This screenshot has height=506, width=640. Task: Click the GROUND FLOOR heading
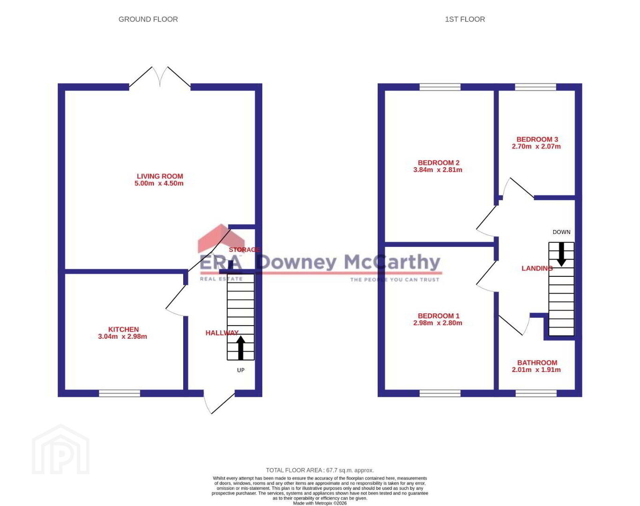tap(148, 19)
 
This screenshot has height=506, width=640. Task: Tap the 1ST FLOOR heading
tap(465, 19)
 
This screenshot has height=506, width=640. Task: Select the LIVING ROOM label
tap(160, 176)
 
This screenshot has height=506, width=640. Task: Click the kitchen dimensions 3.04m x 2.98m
tap(123, 336)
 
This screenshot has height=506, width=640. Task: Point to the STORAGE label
tap(245, 250)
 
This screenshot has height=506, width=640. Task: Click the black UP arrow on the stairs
tap(241, 348)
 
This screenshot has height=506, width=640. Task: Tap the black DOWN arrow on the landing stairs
tap(561, 254)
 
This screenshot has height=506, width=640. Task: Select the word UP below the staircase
tap(241, 370)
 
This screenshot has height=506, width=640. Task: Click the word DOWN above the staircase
tap(561, 232)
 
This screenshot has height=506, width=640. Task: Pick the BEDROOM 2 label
tap(439, 163)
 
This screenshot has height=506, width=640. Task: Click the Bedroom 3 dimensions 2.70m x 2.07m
tap(536, 146)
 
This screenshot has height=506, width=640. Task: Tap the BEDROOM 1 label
tap(439, 316)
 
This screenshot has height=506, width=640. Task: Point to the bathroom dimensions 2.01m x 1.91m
tap(536, 370)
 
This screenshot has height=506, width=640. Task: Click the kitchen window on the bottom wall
tap(119, 393)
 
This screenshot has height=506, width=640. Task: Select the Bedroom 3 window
tap(536, 87)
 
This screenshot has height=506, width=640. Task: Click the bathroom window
tap(536, 393)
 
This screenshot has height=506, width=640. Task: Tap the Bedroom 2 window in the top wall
tap(440, 87)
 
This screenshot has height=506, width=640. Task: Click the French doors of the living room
tap(160, 77)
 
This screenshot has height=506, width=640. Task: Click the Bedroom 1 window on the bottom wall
tap(440, 393)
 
